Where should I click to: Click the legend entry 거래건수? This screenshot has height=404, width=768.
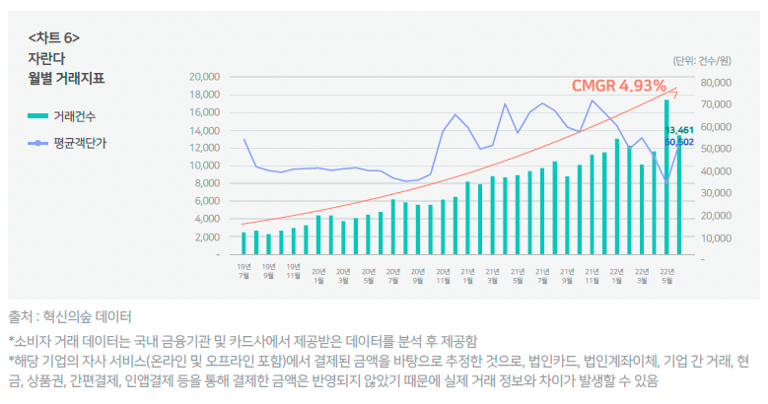coord(75,116)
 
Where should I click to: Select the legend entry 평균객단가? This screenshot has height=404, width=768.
coord(79,143)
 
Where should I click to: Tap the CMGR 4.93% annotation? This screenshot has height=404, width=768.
coord(618,86)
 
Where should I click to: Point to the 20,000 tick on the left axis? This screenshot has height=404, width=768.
coord(204,76)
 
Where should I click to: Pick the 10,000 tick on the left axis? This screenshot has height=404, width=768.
coord(204,166)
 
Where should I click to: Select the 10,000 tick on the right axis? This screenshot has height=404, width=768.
coord(716,237)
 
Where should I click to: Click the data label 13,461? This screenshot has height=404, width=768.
coord(680,130)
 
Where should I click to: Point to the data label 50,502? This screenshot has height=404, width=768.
coord(680,142)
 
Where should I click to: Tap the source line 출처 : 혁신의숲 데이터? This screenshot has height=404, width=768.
coord(69,316)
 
